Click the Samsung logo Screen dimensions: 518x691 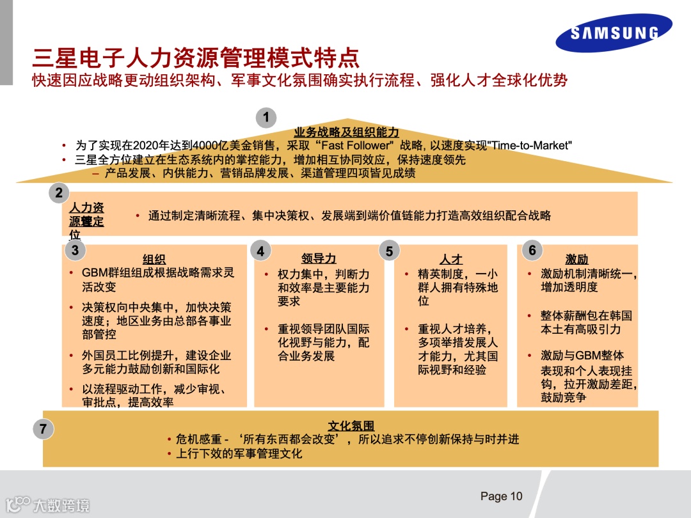coord(614,33)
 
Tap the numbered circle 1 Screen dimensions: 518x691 coord(266,118)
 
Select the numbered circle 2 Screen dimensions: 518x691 coord(59,192)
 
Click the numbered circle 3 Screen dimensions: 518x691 coord(75,250)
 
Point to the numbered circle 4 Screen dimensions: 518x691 coord(260,251)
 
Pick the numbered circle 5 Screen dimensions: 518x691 coord(389,251)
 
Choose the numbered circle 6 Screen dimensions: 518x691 coord(532,250)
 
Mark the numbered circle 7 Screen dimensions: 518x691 coord(43,429)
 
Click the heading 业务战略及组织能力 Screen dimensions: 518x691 coord(346,132)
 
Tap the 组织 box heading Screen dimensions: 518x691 coord(154,259)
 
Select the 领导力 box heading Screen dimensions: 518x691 coord(319,258)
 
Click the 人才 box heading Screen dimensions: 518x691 coord(451,259)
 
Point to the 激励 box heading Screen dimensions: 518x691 coord(576,259)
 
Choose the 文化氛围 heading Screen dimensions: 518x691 coord(351,426)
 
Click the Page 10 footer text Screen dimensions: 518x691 coord(501,496)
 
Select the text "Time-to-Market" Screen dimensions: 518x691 coord(529,146)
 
